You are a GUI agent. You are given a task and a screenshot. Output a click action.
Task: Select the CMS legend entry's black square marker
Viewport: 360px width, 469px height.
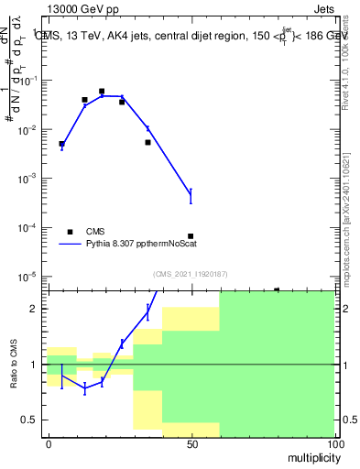(x=70, y=232)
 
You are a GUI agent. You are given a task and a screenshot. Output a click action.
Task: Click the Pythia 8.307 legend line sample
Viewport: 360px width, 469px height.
(x=70, y=245)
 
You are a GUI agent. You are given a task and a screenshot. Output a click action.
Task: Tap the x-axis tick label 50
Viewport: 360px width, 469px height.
(x=191, y=443)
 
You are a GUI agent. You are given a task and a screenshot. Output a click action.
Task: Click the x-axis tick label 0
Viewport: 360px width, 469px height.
(x=49, y=443)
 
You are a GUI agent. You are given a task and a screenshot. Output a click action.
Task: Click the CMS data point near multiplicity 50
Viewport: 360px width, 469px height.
(x=191, y=236)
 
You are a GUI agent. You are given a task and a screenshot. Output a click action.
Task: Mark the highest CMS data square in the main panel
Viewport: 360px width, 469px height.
(x=102, y=92)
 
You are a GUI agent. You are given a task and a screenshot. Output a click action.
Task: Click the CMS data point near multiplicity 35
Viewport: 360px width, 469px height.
(x=147, y=142)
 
